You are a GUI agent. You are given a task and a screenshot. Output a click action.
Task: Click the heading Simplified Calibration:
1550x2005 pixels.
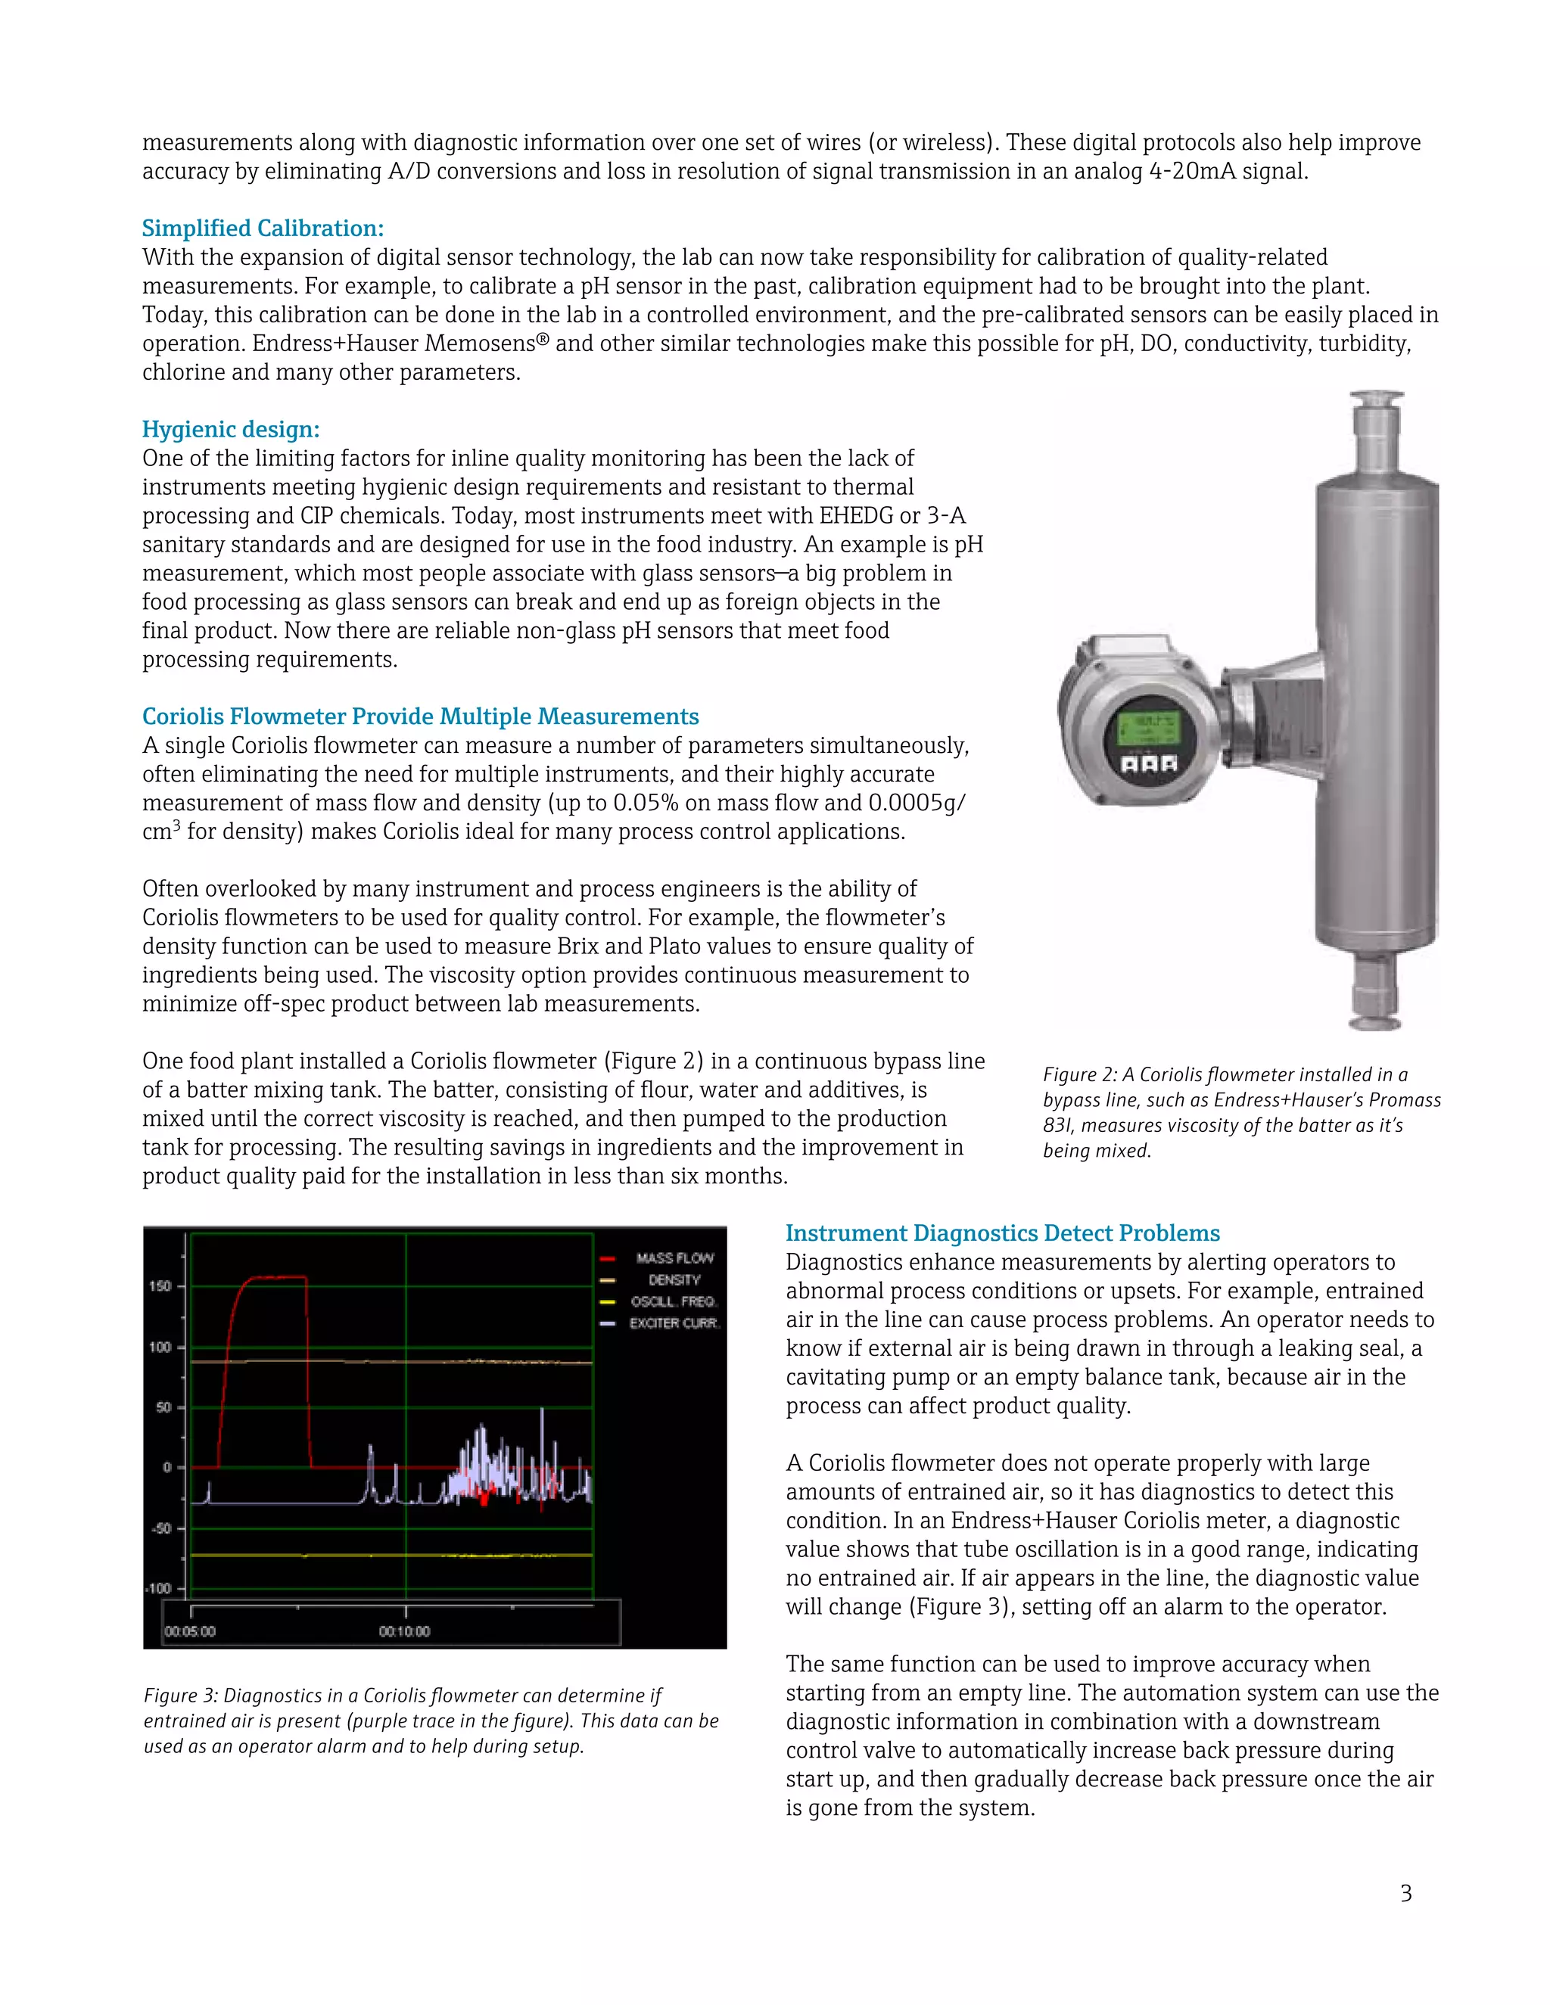tap(263, 228)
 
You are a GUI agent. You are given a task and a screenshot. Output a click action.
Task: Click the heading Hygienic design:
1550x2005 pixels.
tap(231, 430)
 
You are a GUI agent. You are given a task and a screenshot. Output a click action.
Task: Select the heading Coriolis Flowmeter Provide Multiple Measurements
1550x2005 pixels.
tap(419, 717)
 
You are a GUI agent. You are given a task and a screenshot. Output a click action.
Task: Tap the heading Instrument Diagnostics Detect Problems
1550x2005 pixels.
tap(1003, 1234)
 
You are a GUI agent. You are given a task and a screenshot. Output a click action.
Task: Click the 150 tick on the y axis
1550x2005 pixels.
tap(160, 1286)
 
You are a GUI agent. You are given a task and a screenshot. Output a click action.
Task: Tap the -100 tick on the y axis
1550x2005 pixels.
tap(159, 1589)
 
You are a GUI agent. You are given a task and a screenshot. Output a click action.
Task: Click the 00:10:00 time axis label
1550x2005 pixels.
tap(404, 1631)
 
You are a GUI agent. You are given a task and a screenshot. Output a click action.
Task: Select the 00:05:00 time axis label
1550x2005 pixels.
tap(190, 1631)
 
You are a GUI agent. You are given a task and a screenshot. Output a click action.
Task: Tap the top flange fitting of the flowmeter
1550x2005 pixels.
tap(1374, 401)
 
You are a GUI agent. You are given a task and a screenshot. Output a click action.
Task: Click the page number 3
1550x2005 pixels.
tap(1405, 1893)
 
